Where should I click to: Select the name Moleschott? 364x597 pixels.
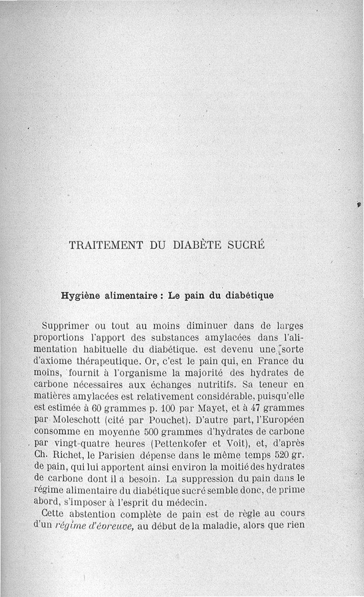(84, 420)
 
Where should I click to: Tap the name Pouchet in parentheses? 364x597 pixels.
(162, 420)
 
